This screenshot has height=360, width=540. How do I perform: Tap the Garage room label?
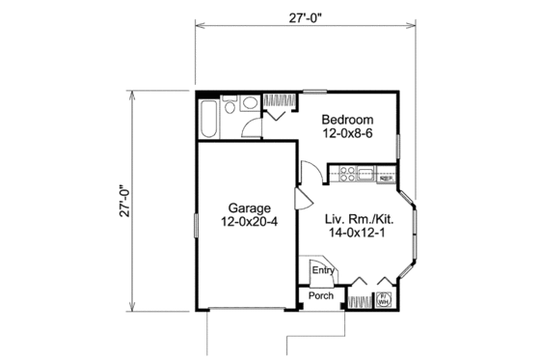[x=250, y=208]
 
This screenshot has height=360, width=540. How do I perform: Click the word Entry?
[x=322, y=271]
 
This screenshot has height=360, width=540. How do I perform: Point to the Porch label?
[x=322, y=295]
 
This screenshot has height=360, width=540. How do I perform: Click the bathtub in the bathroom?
[x=209, y=118]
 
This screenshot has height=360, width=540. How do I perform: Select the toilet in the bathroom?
[x=249, y=104]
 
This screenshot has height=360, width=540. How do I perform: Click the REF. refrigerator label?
[x=388, y=178]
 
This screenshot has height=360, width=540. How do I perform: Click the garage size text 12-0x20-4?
[x=250, y=222]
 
